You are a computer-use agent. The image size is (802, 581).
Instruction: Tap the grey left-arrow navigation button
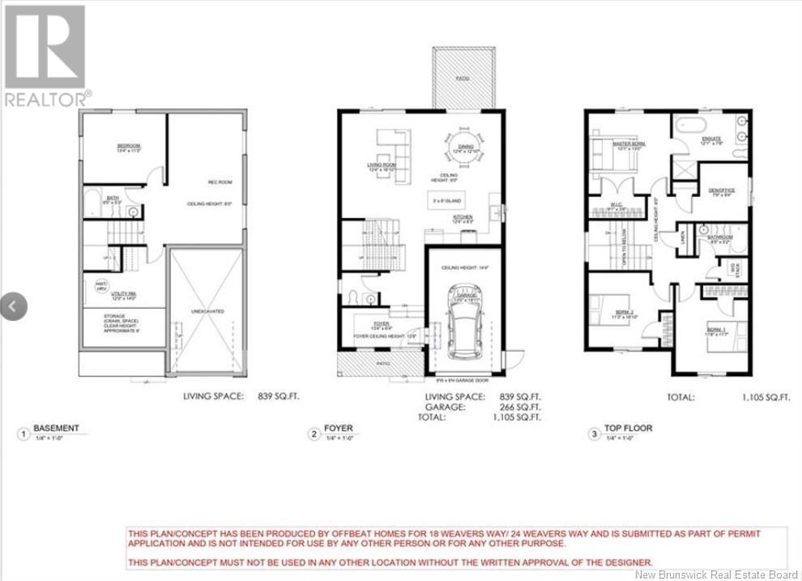click(14, 305)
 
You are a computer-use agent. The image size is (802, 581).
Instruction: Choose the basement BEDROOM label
click(129, 146)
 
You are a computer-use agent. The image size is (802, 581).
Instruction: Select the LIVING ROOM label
click(382, 164)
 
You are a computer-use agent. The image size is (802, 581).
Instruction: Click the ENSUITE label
click(710, 139)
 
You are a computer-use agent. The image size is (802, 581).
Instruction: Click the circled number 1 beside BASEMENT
click(23, 434)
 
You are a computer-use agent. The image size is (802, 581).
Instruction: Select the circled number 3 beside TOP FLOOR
click(595, 434)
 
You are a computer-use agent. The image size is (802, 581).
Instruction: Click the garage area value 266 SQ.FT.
click(520, 408)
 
